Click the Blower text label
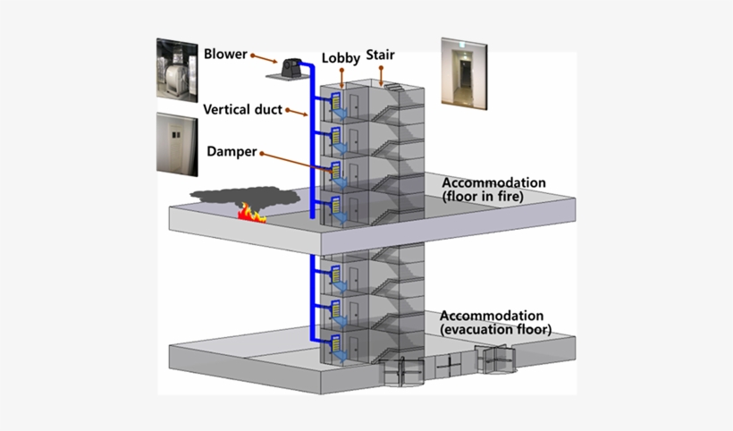pos(224,53)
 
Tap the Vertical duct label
pos(242,110)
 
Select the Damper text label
pos(232,152)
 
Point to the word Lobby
pos(341,59)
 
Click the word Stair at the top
pos(380,55)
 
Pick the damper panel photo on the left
pos(177,142)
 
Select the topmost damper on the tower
pos(338,105)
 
